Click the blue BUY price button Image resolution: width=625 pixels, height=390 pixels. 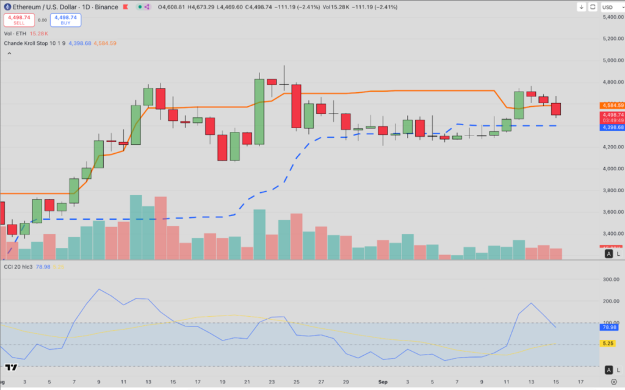65,20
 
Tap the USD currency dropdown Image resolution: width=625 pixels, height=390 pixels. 608,7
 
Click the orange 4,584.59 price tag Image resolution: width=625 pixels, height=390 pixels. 612,105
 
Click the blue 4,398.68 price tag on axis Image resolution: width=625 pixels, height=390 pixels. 612,127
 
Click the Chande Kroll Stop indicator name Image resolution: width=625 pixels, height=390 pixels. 31,43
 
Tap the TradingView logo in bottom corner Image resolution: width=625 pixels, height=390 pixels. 10,367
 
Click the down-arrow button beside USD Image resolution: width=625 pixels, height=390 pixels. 581,7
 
